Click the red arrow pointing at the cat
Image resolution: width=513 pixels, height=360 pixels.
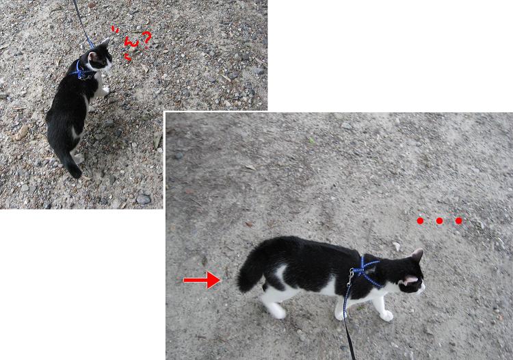[202, 280]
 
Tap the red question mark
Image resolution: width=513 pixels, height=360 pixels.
[146, 38]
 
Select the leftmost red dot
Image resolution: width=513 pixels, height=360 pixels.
[420, 221]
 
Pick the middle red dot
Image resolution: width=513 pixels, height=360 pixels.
[439, 221]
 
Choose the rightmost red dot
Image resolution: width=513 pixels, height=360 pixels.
[459, 221]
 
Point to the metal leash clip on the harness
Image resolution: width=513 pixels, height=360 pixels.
[351, 277]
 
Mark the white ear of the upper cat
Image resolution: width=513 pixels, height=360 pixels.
[105, 42]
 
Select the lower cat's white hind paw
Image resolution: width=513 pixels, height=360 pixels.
[277, 311]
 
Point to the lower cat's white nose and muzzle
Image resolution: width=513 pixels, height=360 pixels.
[421, 288]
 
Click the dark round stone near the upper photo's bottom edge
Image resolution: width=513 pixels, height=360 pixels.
[144, 199]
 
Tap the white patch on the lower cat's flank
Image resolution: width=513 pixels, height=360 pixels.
[280, 272]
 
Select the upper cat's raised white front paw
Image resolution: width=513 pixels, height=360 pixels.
[105, 90]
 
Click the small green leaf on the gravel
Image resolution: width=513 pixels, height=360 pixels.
[311, 140]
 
